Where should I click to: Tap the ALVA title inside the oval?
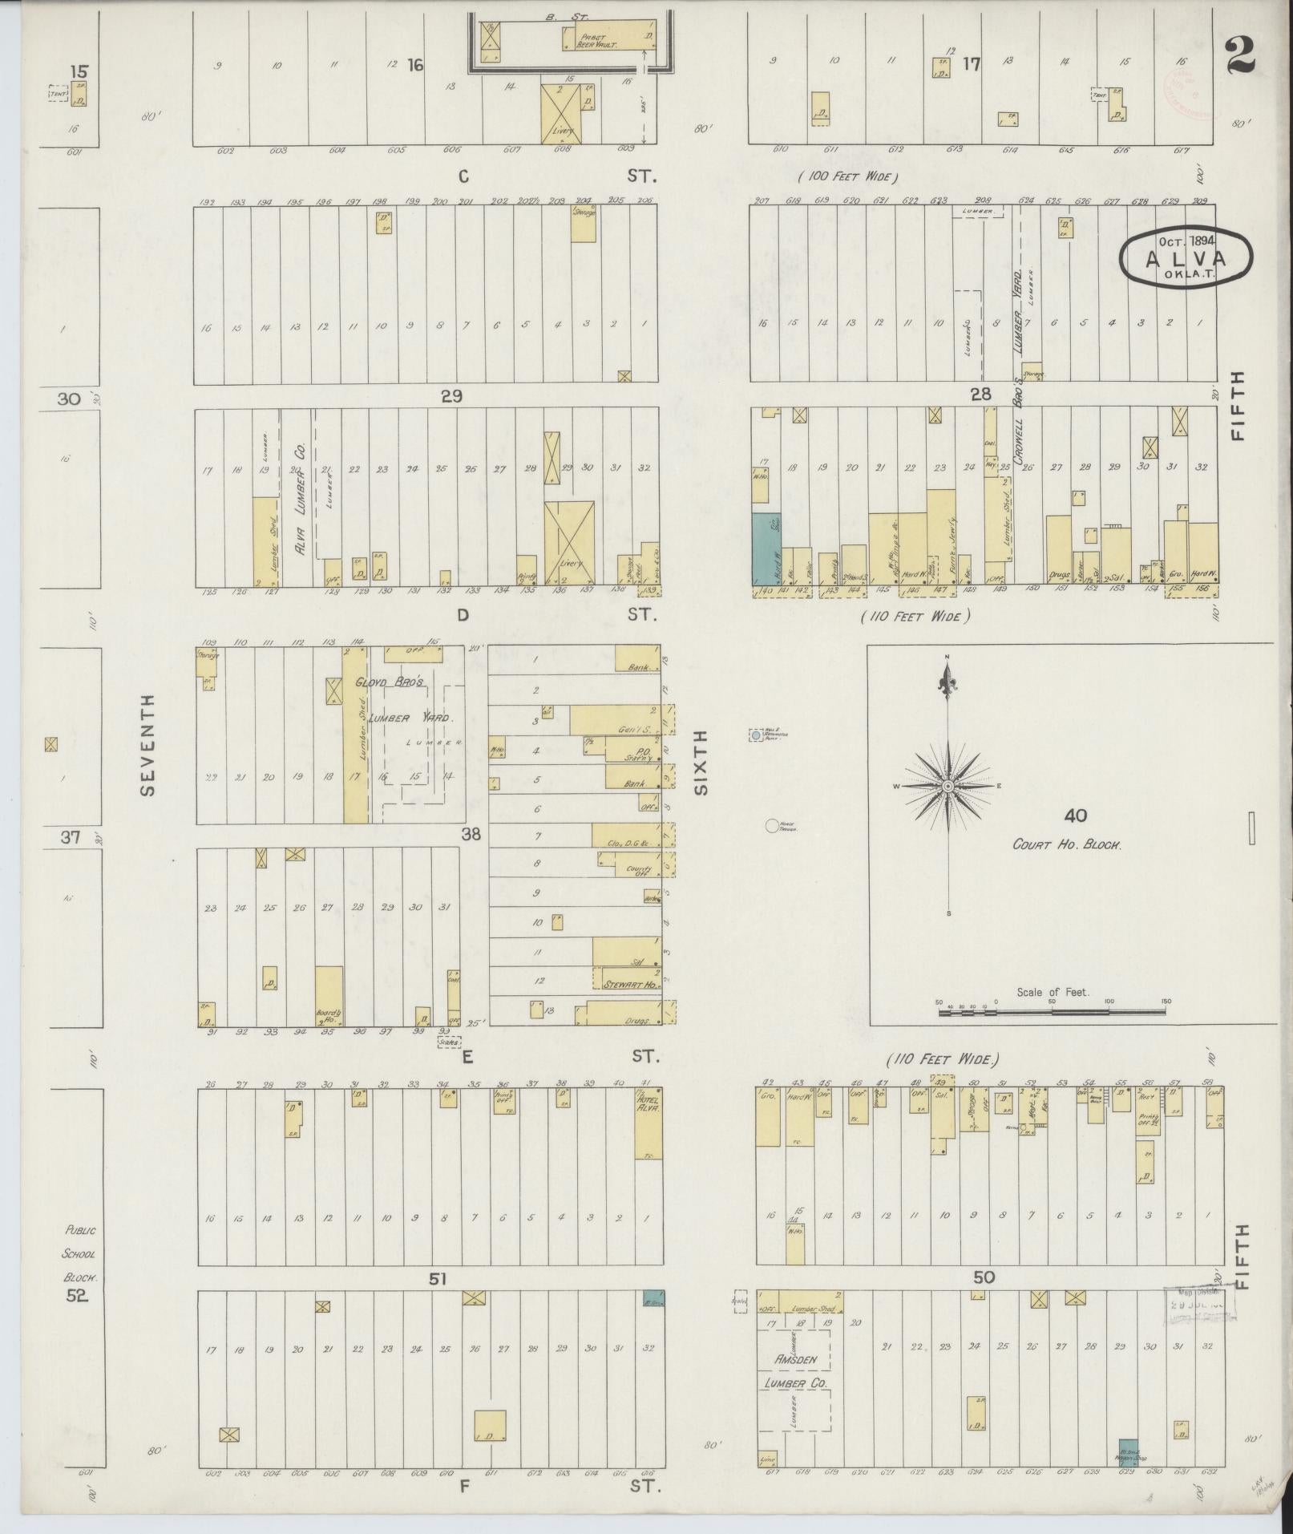tap(1186, 258)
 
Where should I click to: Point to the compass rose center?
tap(948, 787)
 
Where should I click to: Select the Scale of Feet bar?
tap(1052, 1012)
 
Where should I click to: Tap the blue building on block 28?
tap(766, 548)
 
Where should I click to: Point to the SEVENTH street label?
tap(147, 745)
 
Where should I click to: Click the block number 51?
tap(437, 1278)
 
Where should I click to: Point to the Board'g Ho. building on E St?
tap(329, 996)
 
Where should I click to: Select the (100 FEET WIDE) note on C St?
tap(847, 176)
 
